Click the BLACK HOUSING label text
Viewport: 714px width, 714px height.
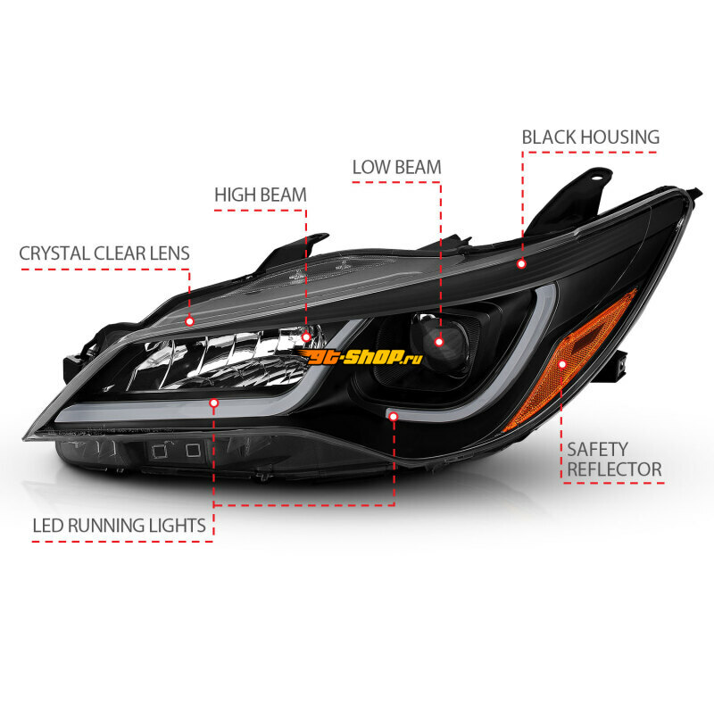click(x=590, y=137)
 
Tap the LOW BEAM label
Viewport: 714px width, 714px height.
click(x=396, y=167)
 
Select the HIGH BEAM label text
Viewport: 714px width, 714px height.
click(x=261, y=195)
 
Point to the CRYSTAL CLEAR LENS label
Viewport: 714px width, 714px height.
click(x=104, y=253)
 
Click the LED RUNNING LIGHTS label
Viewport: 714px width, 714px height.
click(x=120, y=526)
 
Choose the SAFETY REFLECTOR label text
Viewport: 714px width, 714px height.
click(x=614, y=460)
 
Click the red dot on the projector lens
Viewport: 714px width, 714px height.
click(x=439, y=342)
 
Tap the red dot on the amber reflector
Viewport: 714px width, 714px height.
click(x=562, y=364)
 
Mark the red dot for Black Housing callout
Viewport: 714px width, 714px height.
click(x=522, y=263)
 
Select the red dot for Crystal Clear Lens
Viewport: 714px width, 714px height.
click(x=190, y=321)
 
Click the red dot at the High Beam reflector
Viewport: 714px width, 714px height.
click(x=306, y=337)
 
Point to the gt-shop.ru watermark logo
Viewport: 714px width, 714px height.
click(x=360, y=357)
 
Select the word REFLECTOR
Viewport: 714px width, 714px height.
click(x=614, y=469)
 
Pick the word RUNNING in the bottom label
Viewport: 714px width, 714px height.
click(x=107, y=526)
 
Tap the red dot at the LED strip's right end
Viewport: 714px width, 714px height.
click(x=394, y=416)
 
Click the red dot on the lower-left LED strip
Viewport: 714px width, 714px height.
click(x=214, y=403)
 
